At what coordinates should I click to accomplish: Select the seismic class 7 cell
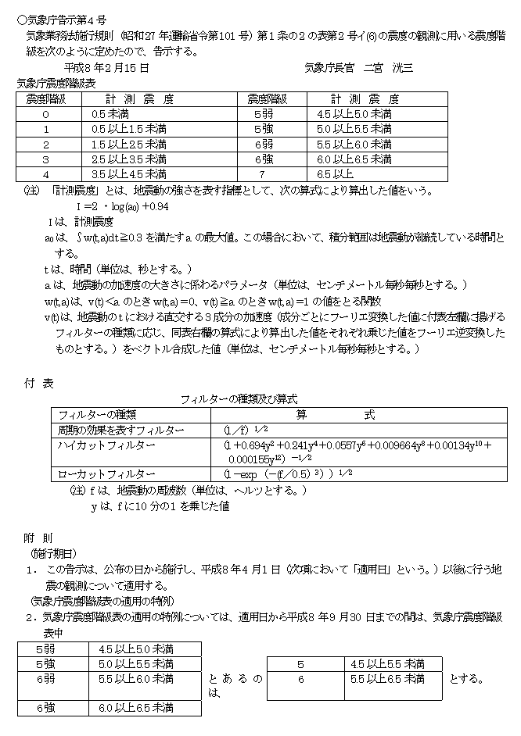[x=263, y=173]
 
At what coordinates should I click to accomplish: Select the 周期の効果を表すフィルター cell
[x=121, y=431]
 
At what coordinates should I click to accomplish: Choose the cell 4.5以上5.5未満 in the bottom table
[x=390, y=664]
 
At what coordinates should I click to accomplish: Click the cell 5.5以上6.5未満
[x=390, y=679]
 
